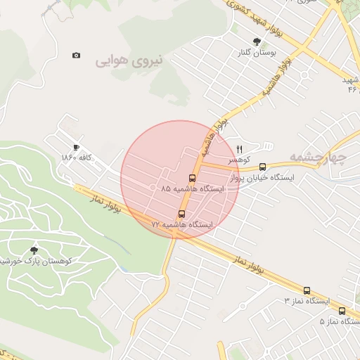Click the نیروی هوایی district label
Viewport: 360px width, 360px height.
coord(129,61)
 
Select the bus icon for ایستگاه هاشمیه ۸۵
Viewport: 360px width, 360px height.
coord(193,178)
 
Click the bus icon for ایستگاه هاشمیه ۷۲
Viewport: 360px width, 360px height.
coord(182,213)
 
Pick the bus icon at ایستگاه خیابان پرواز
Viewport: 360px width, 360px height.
coord(262,167)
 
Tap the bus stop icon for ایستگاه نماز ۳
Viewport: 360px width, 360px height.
coord(307,290)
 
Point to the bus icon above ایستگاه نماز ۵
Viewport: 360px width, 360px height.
coord(342,311)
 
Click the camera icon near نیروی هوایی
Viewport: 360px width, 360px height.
coord(76,55)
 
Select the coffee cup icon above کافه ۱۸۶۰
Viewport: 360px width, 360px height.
coord(76,147)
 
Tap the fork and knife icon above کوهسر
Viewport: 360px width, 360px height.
coord(239,149)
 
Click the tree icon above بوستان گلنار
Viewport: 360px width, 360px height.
coord(257,41)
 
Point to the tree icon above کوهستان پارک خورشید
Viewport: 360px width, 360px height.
coord(34,250)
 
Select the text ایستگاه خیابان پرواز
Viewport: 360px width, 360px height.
coord(265,178)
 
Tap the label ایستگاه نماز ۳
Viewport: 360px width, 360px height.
coord(307,301)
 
